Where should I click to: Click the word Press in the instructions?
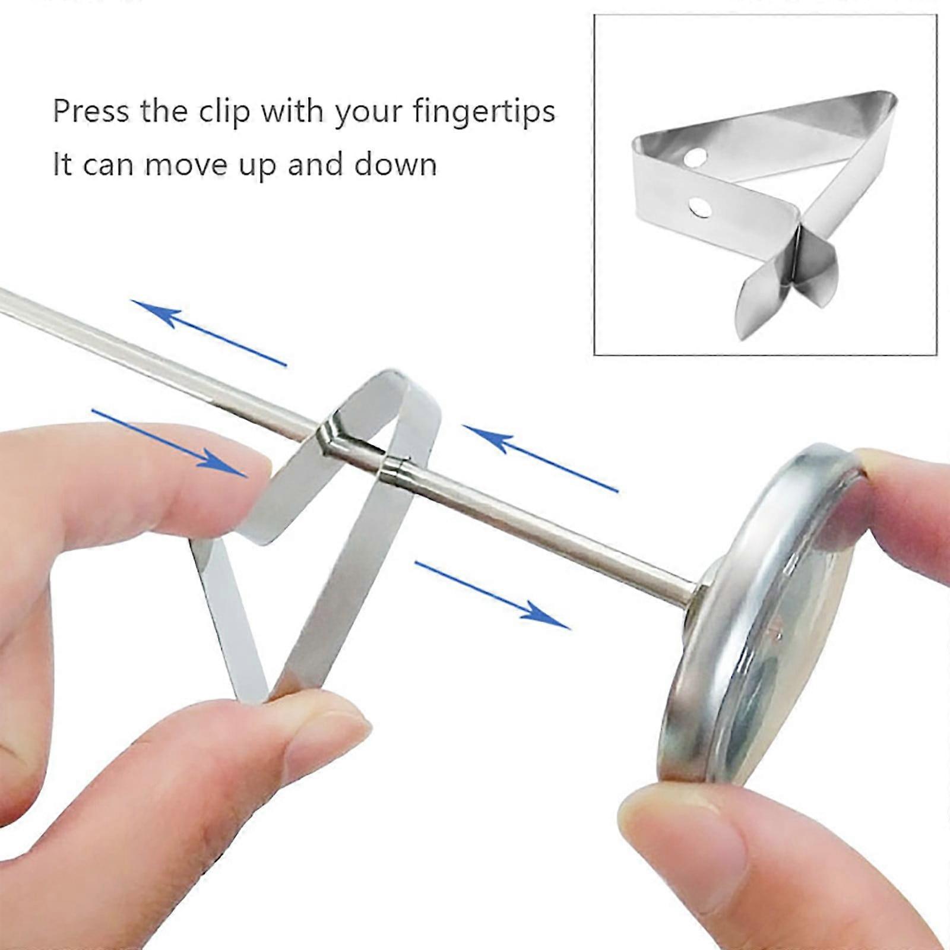90,111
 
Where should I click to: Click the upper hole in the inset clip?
695,157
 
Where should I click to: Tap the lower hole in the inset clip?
701,207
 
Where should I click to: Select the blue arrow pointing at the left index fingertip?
169,442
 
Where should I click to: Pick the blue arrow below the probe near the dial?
492,595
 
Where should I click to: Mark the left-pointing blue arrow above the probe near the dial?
540,458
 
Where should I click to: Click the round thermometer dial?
766,612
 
